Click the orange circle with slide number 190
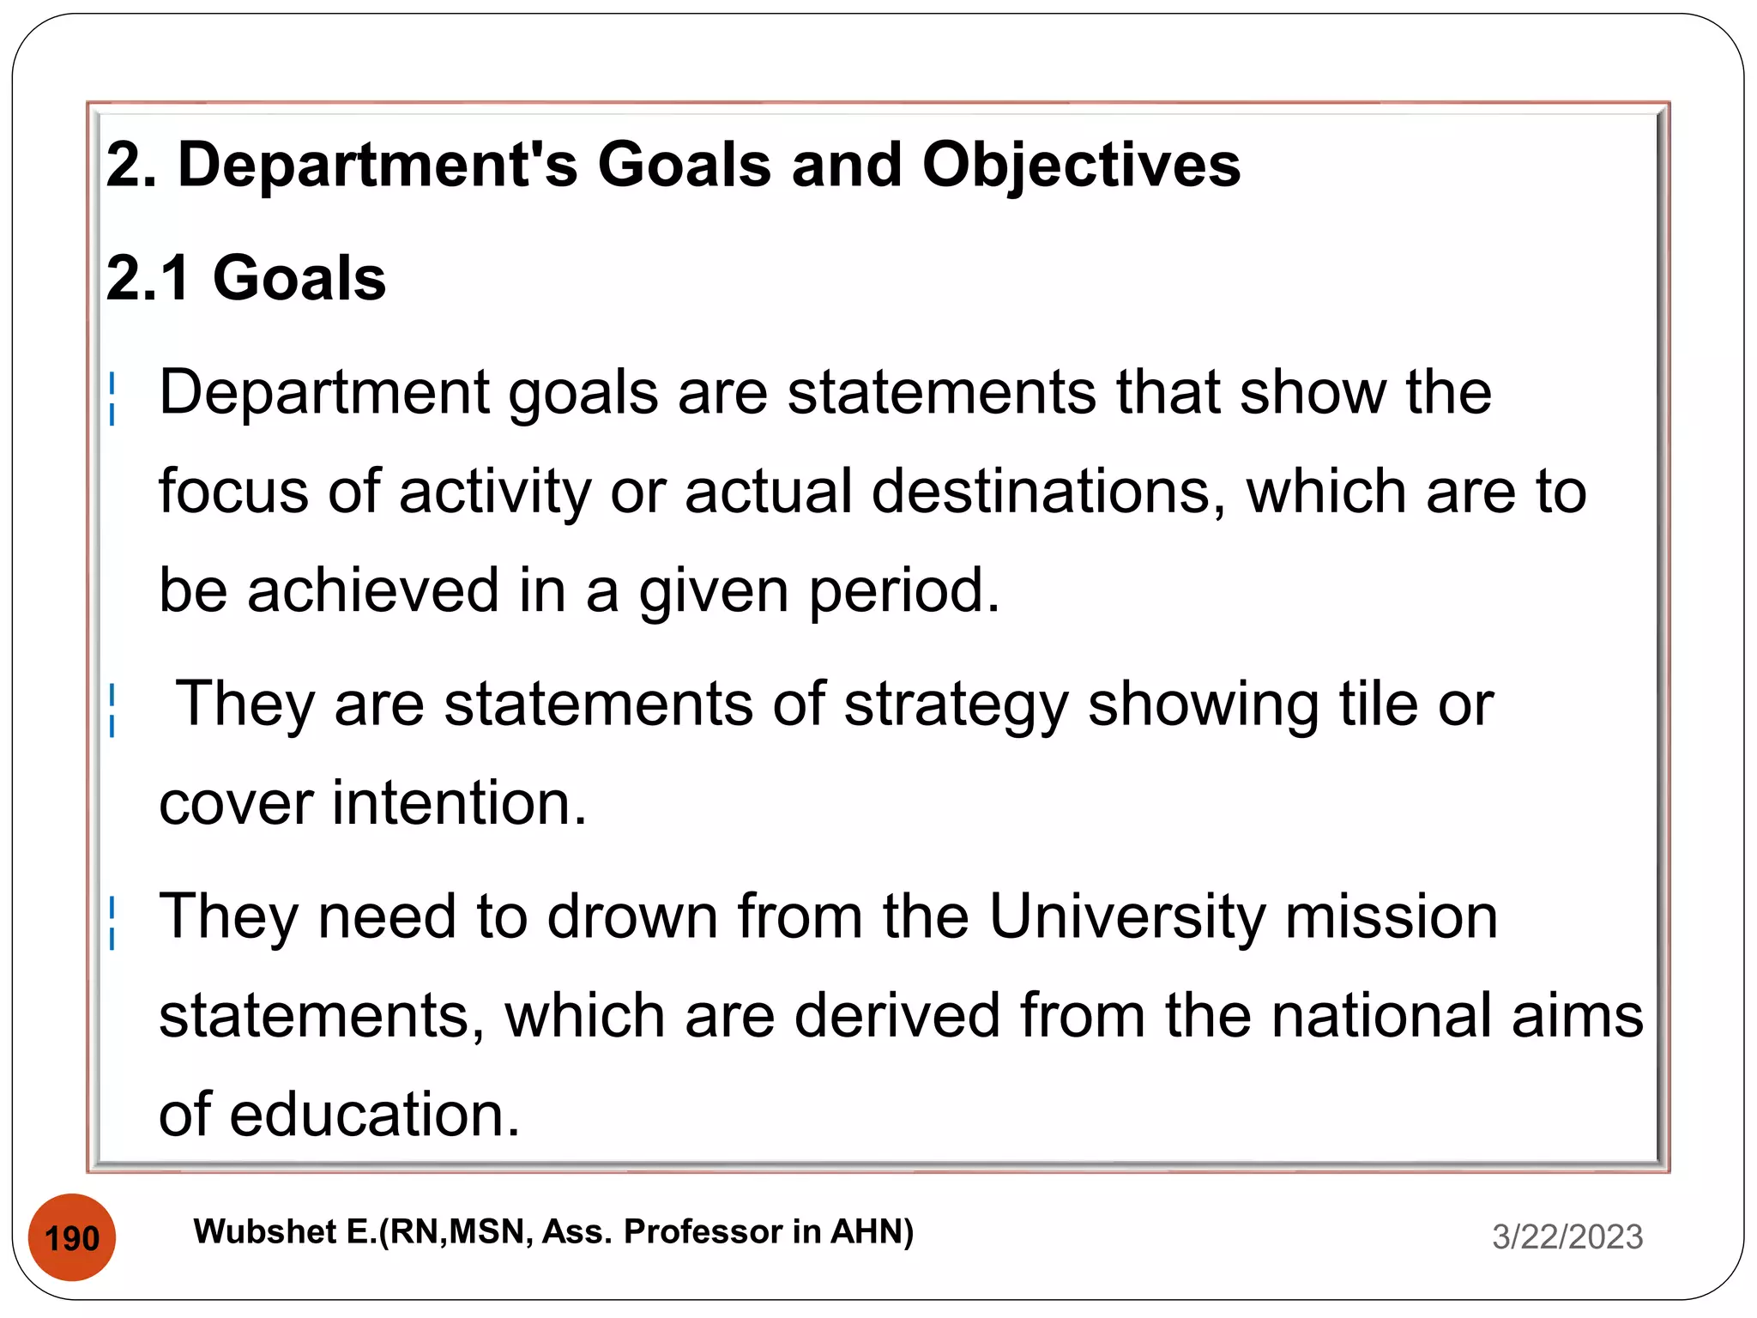(x=72, y=1237)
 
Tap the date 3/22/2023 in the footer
(x=1567, y=1236)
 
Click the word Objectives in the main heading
(x=1081, y=165)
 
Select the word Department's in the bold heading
(x=377, y=165)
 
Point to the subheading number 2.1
(x=148, y=278)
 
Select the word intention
(x=459, y=803)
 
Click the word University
(x=1126, y=916)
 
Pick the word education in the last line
(x=374, y=1115)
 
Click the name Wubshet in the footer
(x=265, y=1232)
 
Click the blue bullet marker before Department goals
(x=112, y=398)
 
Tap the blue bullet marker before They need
(x=112, y=922)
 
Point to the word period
(x=904, y=592)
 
